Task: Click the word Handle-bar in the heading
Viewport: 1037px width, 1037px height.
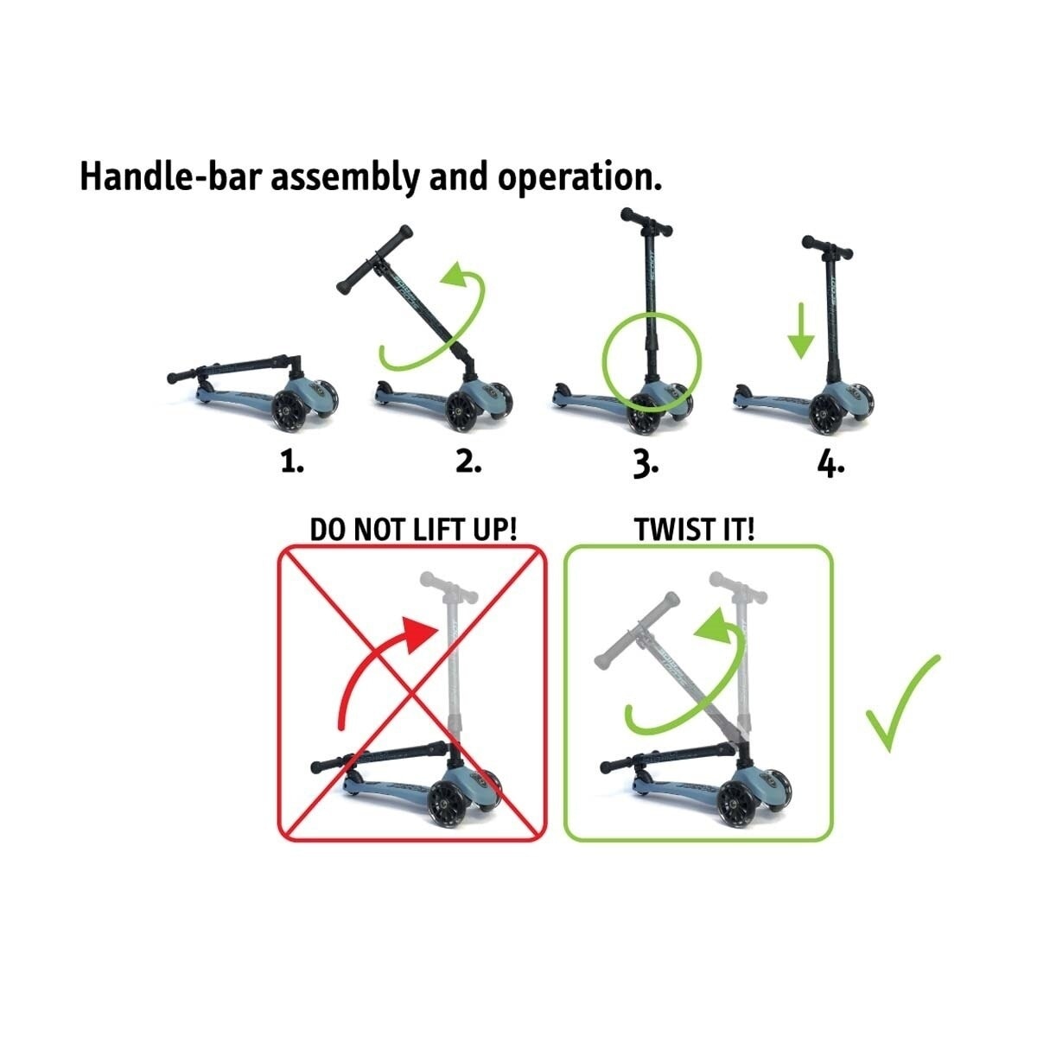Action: pyautogui.click(x=174, y=176)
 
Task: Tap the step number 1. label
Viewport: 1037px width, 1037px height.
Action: pyautogui.click(x=292, y=461)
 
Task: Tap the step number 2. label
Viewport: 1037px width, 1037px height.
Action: pyautogui.click(x=468, y=461)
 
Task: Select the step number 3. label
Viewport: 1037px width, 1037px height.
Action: pyautogui.click(x=646, y=463)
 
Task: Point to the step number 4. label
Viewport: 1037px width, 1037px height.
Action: pyautogui.click(x=830, y=463)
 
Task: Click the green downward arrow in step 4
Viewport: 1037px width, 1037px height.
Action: pyautogui.click(x=801, y=330)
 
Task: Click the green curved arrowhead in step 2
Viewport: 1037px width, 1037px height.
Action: pyautogui.click(x=455, y=276)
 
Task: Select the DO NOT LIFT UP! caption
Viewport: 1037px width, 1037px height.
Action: pyautogui.click(x=413, y=530)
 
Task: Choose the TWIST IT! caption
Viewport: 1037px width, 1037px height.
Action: pyautogui.click(x=695, y=530)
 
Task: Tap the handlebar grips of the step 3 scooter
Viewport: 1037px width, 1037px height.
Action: pyautogui.click(x=646, y=222)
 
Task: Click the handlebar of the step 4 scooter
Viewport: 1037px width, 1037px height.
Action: pyautogui.click(x=827, y=247)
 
